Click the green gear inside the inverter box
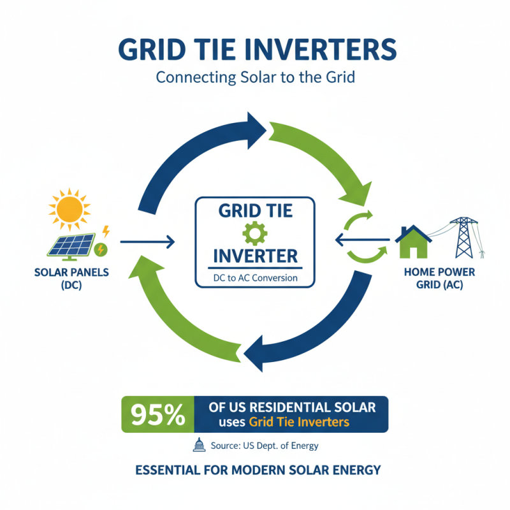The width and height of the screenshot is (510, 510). [x=255, y=234]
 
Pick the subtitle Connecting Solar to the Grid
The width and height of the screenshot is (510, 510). [x=255, y=78]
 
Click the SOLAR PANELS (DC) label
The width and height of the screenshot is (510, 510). [x=63, y=278]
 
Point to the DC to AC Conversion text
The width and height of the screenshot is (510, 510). [x=255, y=278]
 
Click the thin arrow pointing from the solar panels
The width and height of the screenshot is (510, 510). [x=147, y=242]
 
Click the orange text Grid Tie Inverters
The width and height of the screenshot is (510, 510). [x=300, y=422]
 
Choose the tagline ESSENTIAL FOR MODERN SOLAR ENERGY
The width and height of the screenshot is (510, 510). [x=258, y=470]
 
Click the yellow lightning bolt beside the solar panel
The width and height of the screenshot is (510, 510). [x=106, y=230]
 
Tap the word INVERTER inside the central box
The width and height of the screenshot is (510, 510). [x=255, y=256]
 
